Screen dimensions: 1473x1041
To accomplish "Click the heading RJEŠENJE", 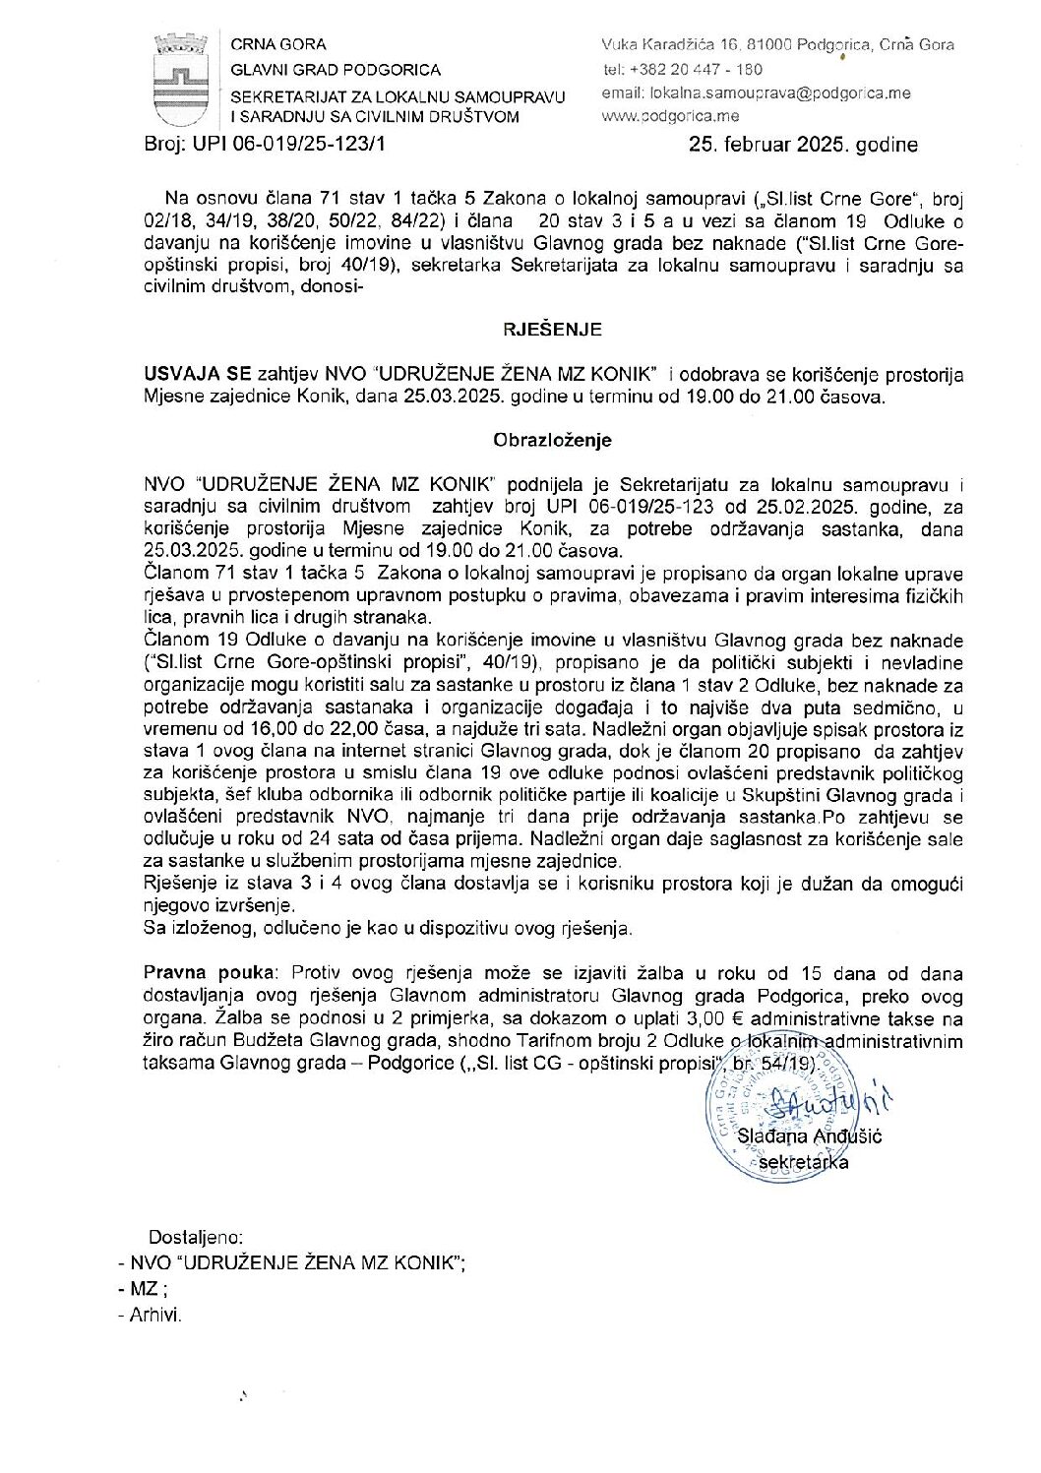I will click(552, 330).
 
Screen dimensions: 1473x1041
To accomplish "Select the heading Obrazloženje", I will click(552, 440).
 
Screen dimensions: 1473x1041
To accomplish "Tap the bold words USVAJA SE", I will click(197, 375).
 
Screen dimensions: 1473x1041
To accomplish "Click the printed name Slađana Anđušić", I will click(816, 1137).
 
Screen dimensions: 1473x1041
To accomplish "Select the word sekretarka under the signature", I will click(803, 1162).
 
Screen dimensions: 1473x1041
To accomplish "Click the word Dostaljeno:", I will click(196, 1238).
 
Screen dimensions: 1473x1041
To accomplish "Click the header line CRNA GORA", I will click(278, 44).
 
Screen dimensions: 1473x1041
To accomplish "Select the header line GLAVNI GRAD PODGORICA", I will click(336, 70).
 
